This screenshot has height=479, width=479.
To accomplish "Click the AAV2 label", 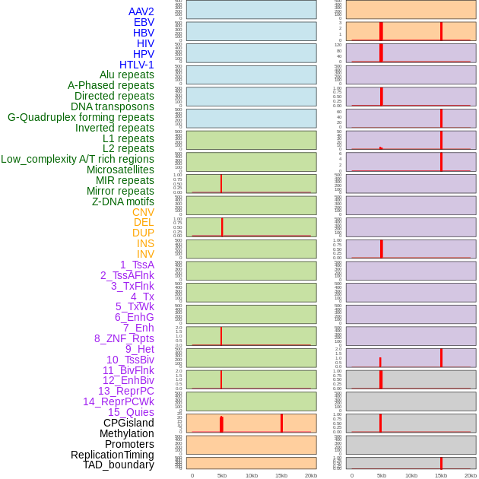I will (141, 11).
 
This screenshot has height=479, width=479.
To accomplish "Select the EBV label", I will (144, 22).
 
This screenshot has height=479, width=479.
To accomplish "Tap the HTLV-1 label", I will (136, 65).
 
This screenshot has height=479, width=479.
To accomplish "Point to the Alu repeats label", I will (127, 75).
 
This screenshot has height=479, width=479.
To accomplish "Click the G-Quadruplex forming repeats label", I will (81, 117).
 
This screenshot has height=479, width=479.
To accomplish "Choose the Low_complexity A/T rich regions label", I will (78, 159).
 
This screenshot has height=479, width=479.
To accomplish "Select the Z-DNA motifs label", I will (123, 201).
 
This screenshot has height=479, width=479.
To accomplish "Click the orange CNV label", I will (143, 212).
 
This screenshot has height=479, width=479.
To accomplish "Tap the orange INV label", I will (145, 254).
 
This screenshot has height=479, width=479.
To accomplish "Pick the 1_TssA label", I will (137, 265).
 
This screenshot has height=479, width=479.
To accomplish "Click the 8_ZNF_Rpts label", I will (124, 338).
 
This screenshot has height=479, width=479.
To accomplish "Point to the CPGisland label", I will (128, 423).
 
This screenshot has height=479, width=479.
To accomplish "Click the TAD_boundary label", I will (119, 465).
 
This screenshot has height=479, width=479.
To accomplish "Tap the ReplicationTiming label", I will (112, 455).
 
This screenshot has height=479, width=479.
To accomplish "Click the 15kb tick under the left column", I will (281, 475).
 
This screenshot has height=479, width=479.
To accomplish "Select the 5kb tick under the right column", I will (382, 475).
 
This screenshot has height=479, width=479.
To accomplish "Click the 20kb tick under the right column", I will (471, 475).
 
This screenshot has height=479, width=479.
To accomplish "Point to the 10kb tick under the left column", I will (252, 475).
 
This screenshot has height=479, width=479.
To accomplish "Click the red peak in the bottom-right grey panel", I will (441, 463).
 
